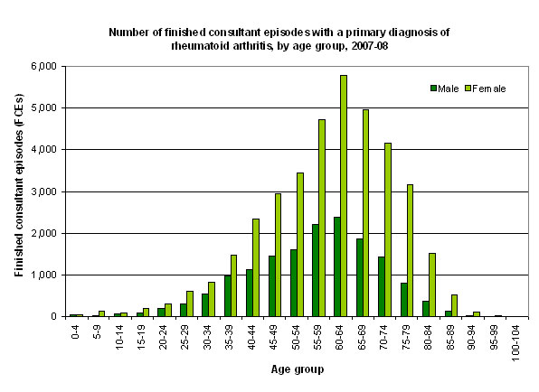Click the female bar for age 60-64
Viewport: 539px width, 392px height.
344,196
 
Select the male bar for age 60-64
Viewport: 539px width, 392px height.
337,266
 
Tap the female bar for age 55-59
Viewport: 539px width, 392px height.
322,218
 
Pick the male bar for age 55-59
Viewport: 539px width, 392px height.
316,270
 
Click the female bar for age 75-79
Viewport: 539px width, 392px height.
410,250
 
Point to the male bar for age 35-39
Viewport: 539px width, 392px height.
228,296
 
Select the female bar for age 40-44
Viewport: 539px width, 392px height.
256,267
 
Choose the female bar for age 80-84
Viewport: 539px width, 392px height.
432,285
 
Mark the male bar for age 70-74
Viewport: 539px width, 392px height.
382,286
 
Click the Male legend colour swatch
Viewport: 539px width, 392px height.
433,89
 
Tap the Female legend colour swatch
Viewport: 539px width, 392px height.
468,89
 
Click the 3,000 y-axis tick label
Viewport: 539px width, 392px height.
44,191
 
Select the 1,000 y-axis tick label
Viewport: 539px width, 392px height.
44,275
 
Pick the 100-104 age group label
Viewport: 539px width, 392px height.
515,342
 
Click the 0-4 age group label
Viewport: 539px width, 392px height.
76,331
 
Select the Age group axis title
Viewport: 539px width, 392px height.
298,369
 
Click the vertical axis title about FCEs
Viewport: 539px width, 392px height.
19,185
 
